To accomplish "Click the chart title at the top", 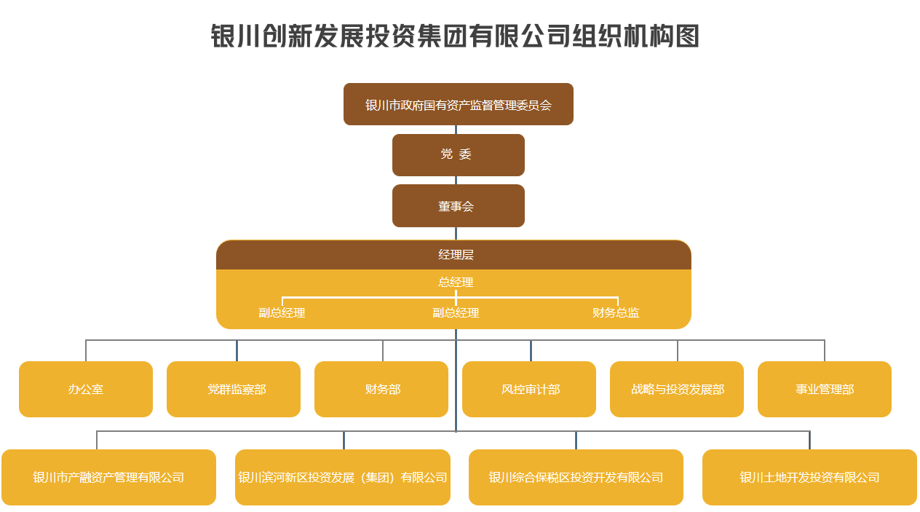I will tap(455, 36).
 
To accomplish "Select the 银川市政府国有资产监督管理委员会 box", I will tap(459, 104).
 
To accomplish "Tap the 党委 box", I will tap(459, 154).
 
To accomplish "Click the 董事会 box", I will tap(459, 206).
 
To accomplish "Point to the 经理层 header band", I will tap(453, 255).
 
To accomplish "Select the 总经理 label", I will tap(456, 283).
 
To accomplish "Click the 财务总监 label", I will tap(616, 313).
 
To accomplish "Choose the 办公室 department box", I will tap(86, 389).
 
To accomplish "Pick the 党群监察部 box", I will tap(234, 389).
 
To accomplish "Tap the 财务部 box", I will tap(381, 389).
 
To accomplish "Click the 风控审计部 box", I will tap(529, 389).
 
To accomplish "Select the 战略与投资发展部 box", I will tap(677, 389).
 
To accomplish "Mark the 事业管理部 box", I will tap(825, 389).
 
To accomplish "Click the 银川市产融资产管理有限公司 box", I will tap(108, 477).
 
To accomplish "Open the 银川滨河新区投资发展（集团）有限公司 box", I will tap(343, 477).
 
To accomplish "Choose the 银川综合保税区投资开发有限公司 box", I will tap(576, 477).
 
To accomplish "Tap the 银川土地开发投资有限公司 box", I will tap(809, 477).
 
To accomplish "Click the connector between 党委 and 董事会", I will tap(456, 181).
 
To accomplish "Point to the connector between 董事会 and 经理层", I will tap(456, 233).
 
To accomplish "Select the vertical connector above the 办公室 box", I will tap(86, 350).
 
